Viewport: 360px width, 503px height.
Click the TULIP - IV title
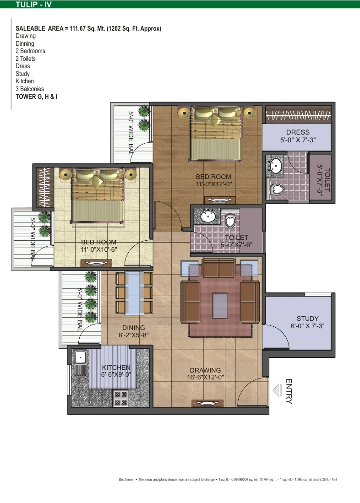[34, 5]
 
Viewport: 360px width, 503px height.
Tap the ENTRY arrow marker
[277, 390]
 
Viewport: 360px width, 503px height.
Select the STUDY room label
[307, 319]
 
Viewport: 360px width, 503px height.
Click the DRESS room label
[298, 132]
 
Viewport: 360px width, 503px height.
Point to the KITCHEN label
[116, 368]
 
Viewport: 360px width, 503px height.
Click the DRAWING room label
[206, 370]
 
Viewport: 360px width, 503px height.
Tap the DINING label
[134, 328]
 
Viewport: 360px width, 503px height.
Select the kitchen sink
[80, 357]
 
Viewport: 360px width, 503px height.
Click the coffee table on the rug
[220, 306]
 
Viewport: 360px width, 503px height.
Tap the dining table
[134, 293]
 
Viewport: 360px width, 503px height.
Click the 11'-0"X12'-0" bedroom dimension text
[213, 184]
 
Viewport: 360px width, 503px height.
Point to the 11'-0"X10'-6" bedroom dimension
[98, 249]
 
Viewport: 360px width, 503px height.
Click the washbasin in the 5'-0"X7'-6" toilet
[208, 216]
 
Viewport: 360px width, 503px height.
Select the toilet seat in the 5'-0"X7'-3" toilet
[277, 190]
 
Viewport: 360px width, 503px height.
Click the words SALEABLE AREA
[39, 28]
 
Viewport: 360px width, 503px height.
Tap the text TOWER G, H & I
[37, 97]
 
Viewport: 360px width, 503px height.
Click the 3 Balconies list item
[30, 89]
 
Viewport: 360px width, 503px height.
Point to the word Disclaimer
[126, 480]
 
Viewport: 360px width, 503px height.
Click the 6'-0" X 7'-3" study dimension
[308, 326]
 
